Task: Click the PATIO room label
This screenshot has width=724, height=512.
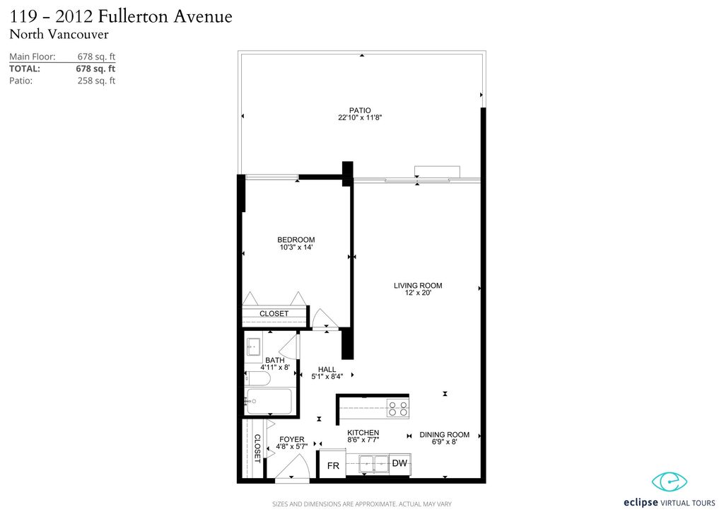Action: point(360,110)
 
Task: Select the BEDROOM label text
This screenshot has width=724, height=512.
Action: point(296,240)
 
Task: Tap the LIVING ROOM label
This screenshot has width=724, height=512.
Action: point(418,286)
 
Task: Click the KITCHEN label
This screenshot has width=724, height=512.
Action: point(363,433)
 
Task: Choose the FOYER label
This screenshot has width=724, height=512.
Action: point(292,439)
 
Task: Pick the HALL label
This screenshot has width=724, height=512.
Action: point(327,369)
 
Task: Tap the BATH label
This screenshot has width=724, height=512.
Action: point(275,361)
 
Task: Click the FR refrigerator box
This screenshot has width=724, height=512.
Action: point(332,466)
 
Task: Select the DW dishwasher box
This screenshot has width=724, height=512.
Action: point(399,463)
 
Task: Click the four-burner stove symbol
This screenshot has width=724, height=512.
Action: point(397,408)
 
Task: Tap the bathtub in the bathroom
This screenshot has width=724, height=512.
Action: point(269,401)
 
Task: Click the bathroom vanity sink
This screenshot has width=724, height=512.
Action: point(254,347)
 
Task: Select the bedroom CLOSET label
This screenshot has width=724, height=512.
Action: point(274,313)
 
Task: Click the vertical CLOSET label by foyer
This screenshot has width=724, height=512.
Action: point(257,448)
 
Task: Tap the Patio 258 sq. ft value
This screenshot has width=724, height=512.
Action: point(96,81)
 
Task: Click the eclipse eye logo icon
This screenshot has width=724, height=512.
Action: point(669,482)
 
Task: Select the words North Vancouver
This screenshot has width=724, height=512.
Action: point(59,34)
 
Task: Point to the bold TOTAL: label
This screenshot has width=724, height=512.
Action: point(25,69)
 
